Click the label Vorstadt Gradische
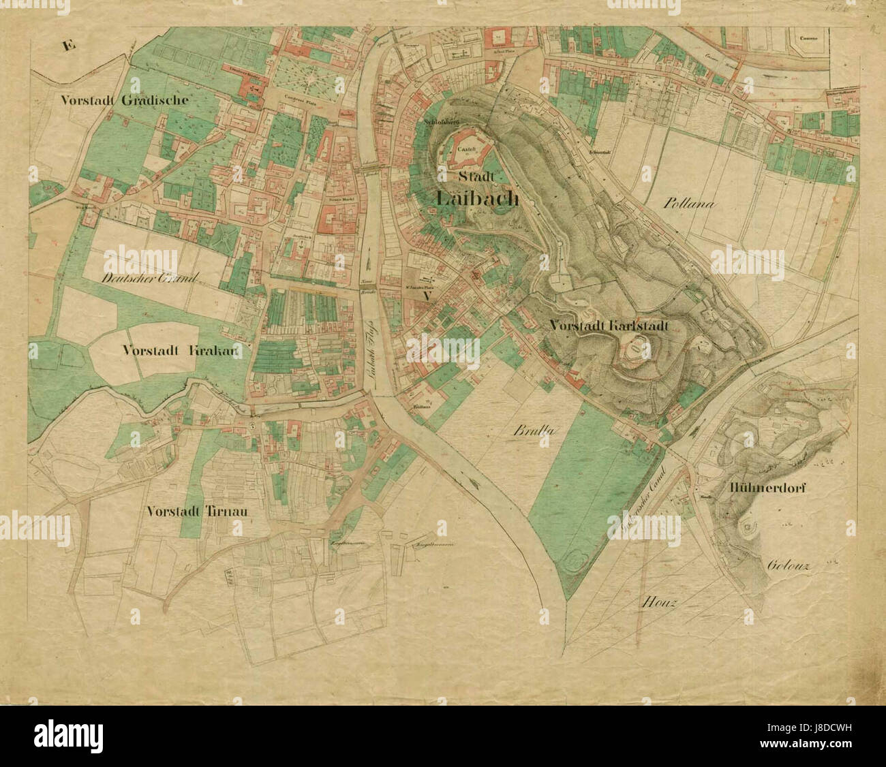(x=124, y=99)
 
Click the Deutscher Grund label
(x=149, y=278)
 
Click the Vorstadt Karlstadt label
(x=609, y=326)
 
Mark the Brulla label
(x=534, y=431)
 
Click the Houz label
(x=659, y=603)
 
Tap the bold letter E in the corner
(x=67, y=46)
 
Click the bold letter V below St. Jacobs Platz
(x=427, y=296)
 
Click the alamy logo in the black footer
(x=68, y=736)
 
